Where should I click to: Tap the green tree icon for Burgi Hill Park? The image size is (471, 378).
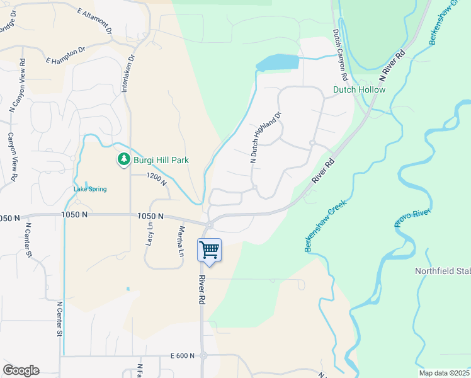[x=124, y=160]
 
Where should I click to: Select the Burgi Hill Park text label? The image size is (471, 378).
[x=161, y=160]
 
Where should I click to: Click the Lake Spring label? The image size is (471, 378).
[x=90, y=189]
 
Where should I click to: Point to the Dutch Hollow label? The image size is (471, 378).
[x=359, y=90]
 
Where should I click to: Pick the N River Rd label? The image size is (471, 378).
[x=391, y=64]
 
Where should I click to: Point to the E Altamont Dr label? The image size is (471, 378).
[x=94, y=21]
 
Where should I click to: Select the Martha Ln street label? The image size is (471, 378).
[x=181, y=241]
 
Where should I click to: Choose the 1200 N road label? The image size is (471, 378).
[x=156, y=180]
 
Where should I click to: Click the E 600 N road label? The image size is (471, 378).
[x=183, y=356]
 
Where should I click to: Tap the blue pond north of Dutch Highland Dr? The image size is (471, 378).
[x=277, y=62]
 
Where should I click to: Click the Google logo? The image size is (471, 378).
[x=21, y=370]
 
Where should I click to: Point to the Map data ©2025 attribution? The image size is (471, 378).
[x=444, y=373]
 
